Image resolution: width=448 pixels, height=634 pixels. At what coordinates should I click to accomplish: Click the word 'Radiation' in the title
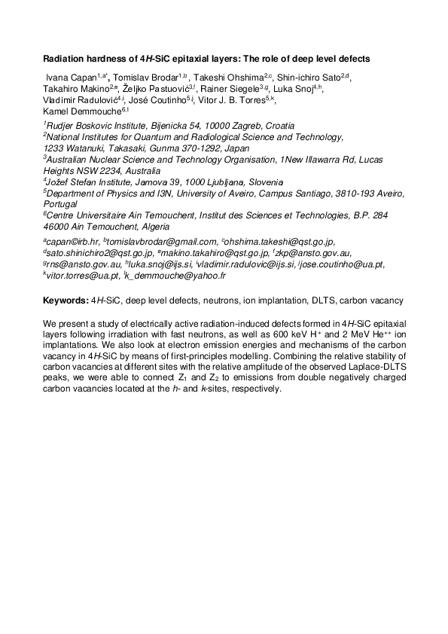pos(64,58)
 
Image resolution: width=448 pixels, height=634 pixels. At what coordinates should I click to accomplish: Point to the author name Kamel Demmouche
pos(80,110)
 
